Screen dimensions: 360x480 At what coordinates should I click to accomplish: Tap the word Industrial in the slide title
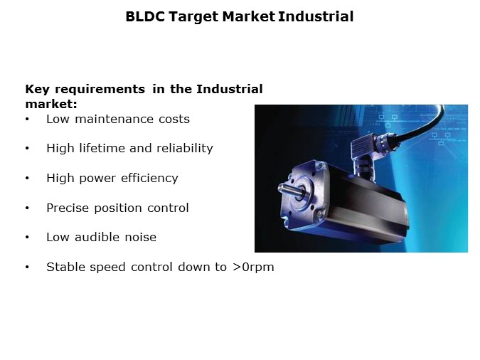tap(316, 16)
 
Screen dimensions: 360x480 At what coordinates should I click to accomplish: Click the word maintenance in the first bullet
tap(106, 119)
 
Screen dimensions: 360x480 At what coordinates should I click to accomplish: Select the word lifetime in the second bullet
tap(98, 148)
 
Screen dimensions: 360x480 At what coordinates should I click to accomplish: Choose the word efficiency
tap(148, 178)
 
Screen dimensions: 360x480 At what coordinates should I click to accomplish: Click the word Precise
tap(68, 208)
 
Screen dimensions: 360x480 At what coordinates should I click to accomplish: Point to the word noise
tap(139, 237)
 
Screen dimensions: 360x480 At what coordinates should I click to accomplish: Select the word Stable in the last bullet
tap(65, 267)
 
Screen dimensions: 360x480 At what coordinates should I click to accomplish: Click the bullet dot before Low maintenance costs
tap(27, 120)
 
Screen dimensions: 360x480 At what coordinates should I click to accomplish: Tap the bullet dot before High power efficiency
tap(27, 179)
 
